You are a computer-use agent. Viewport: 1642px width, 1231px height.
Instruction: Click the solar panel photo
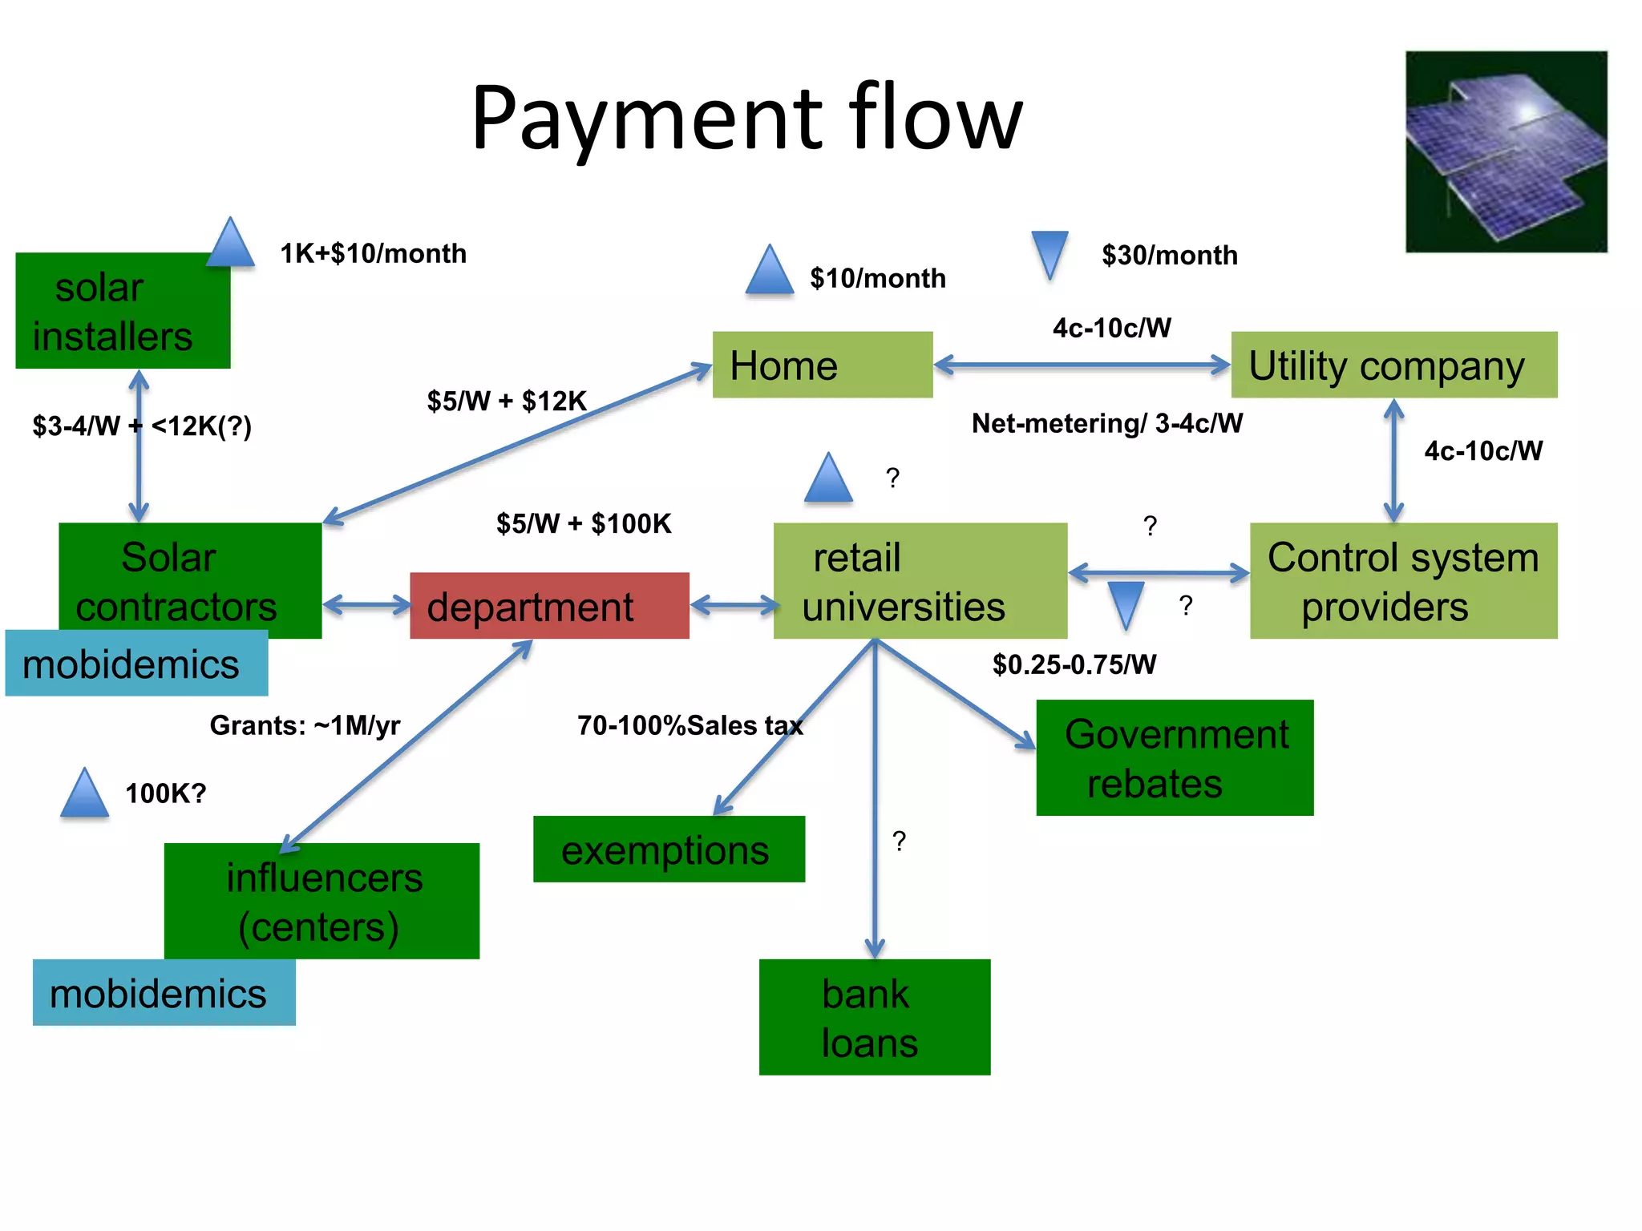(x=1506, y=152)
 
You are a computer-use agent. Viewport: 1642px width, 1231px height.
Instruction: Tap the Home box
(x=822, y=365)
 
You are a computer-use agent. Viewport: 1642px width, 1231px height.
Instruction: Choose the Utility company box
(x=1393, y=365)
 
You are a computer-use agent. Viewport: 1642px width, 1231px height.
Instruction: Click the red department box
(x=549, y=606)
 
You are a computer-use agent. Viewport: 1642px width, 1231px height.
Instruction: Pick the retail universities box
(x=920, y=581)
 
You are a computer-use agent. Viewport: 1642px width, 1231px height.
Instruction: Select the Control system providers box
(x=1403, y=581)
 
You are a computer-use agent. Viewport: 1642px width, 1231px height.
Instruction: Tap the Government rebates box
(x=1175, y=758)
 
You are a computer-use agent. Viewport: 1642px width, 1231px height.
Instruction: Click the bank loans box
(x=874, y=1017)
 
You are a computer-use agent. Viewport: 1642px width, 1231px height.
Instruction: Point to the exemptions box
(x=669, y=850)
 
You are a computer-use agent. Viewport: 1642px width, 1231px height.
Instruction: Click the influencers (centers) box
(x=322, y=901)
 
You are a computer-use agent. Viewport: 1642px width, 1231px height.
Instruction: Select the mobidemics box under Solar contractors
(x=136, y=664)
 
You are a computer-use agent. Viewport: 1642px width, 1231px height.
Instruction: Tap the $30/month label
(x=1169, y=255)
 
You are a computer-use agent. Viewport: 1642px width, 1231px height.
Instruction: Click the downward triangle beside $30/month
(x=1050, y=252)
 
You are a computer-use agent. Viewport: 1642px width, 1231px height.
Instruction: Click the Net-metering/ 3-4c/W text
(x=1106, y=423)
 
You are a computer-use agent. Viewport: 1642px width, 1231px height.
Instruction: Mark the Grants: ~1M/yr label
(x=305, y=725)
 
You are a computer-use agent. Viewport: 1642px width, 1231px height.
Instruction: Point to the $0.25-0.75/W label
(x=1074, y=664)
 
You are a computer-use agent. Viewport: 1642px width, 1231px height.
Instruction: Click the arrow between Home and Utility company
(x=1082, y=365)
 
